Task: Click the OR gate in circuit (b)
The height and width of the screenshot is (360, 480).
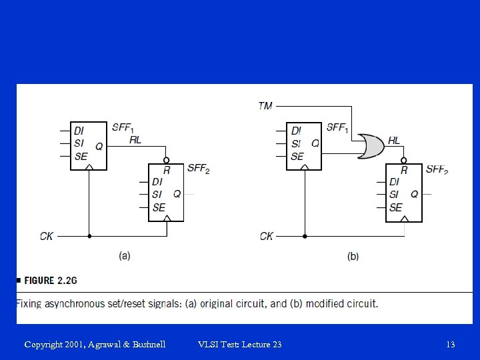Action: [x=370, y=146]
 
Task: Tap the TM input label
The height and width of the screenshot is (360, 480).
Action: [x=265, y=105]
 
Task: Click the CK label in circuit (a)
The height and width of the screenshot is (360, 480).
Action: [x=47, y=236]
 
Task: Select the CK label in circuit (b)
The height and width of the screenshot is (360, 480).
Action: [x=266, y=236]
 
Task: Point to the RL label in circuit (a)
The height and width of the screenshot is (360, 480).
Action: [x=135, y=140]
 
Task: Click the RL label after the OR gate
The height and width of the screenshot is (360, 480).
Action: [x=394, y=141]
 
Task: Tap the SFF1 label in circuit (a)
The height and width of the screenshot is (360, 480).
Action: [x=122, y=127]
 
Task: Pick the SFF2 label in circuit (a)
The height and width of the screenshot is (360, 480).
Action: [x=199, y=169]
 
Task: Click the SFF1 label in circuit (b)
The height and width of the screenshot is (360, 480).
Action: [x=337, y=128]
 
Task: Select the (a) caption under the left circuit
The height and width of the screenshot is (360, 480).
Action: [x=125, y=256]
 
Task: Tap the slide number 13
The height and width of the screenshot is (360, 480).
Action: [x=451, y=345]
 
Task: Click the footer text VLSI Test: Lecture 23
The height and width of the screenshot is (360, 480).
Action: [x=240, y=345]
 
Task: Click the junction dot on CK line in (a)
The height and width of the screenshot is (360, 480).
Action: [x=89, y=236]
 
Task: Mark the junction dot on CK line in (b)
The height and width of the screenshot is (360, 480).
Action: [x=305, y=236]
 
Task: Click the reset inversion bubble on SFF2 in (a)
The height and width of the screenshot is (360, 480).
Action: [x=166, y=160]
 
